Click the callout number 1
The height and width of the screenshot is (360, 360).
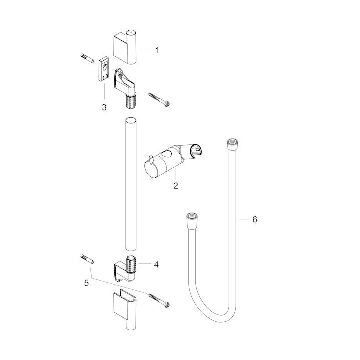[157, 50]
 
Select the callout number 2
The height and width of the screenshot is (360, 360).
[176, 186]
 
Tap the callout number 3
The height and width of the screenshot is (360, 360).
[104, 107]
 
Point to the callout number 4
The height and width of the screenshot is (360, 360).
[156, 265]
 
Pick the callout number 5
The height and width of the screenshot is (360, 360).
[86, 283]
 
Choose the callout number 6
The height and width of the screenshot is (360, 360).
[255, 219]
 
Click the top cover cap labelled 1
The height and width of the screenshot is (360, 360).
[125, 47]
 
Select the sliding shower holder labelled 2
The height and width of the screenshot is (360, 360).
[174, 160]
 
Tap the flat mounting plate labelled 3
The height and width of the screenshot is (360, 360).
[104, 69]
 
